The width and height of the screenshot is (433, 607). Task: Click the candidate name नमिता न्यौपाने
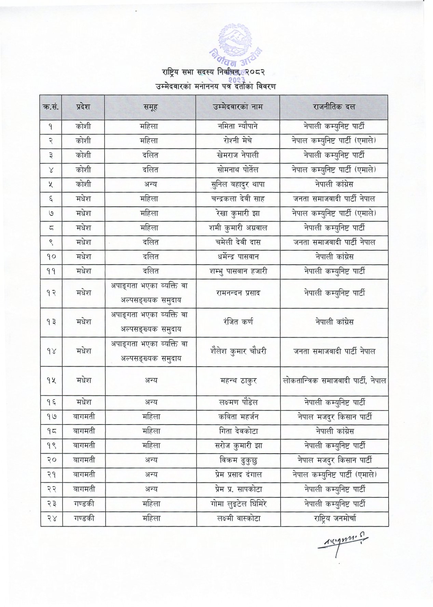(238, 126)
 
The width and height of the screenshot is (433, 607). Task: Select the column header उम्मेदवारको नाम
(238, 107)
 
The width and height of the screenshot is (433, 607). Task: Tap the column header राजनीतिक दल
(334, 107)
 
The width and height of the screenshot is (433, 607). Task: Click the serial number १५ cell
(51, 380)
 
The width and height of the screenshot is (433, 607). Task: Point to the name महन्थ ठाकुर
(238, 380)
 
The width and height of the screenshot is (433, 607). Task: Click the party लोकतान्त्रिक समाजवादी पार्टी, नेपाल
(335, 380)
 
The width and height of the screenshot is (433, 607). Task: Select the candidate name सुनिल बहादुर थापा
(238, 185)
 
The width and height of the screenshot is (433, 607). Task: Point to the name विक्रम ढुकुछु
(238, 460)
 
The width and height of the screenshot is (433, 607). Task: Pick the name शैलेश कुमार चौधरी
(238, 351)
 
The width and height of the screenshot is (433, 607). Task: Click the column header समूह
(150, 107)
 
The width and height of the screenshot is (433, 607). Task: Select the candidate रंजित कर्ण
(238, 322)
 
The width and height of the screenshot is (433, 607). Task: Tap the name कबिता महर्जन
(238, 417)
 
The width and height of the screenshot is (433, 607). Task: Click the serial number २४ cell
(51, 518)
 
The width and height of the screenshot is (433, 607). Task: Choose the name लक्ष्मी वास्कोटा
(238, 518)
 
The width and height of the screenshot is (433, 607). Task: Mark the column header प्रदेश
(83, 107)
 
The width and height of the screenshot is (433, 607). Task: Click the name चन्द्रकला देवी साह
(238, 199)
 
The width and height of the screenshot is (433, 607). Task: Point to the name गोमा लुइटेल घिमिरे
(238, 504)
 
